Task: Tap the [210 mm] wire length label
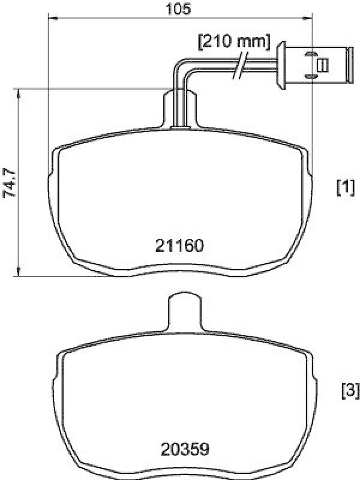pos(234,42)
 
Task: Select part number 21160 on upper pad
pos(180,245)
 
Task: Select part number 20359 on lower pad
pos(184,448)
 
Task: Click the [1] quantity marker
pos(346,188)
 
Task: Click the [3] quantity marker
pos(349,391)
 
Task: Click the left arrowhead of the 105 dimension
pos(51,19)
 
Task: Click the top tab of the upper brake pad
pos(179,107)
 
